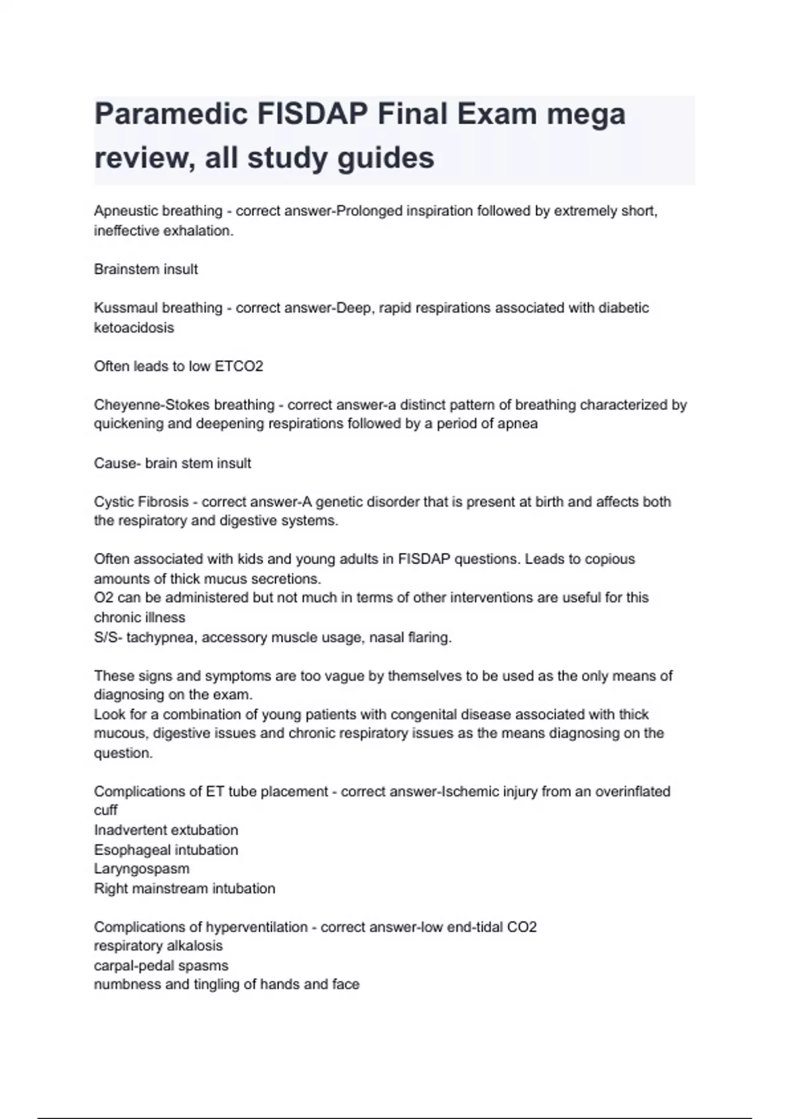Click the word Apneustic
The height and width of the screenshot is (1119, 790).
pyautogui.click(x=125, y=211)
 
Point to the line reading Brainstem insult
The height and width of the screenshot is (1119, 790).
pyautogui.click(x=145, y=269)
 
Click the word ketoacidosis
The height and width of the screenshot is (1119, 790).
pyautogui.click(x=134, y=328)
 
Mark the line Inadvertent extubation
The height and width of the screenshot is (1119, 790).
pyautogui.click(x=166, y=830)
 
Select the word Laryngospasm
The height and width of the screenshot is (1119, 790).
pyautogui.click(x=142, y=869)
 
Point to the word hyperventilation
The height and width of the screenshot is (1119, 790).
pyautogui.click(x=257, y=927)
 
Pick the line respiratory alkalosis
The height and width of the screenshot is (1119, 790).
pyautogui.click(x=158, y=946)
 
